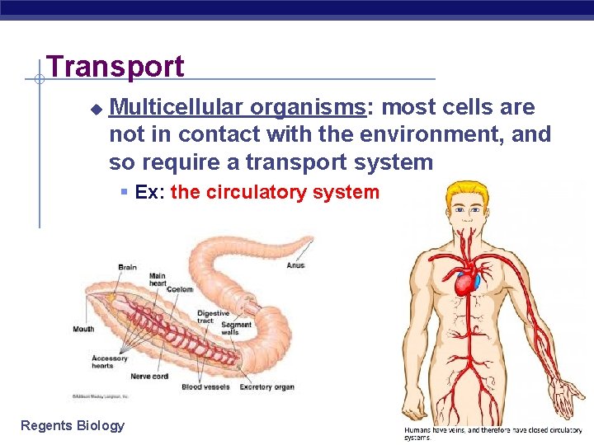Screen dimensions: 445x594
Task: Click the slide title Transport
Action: (x=115, y=66)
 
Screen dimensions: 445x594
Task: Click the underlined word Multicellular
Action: (x=176, y=107)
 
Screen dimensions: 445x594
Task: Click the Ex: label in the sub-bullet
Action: (x=149, y=193)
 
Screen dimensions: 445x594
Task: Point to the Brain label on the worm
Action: (x=127, y=267)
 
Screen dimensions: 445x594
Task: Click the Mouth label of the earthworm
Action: (x=83, y=329)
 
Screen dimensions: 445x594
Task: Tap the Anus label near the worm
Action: (x=295, y=265)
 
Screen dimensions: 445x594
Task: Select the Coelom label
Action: (x=179, y=288)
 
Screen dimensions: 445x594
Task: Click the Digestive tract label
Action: (x=213, y=317)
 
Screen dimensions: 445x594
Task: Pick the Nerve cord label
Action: (x=148, y=377)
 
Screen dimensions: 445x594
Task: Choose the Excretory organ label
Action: (x=266, y=386)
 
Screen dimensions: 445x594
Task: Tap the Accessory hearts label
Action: (x=110, y=362)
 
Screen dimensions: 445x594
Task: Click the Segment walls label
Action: (x=237, y=329)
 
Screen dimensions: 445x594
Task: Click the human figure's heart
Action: (x=467, y=283)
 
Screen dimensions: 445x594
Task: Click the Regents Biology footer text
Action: (x=73, y=425)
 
